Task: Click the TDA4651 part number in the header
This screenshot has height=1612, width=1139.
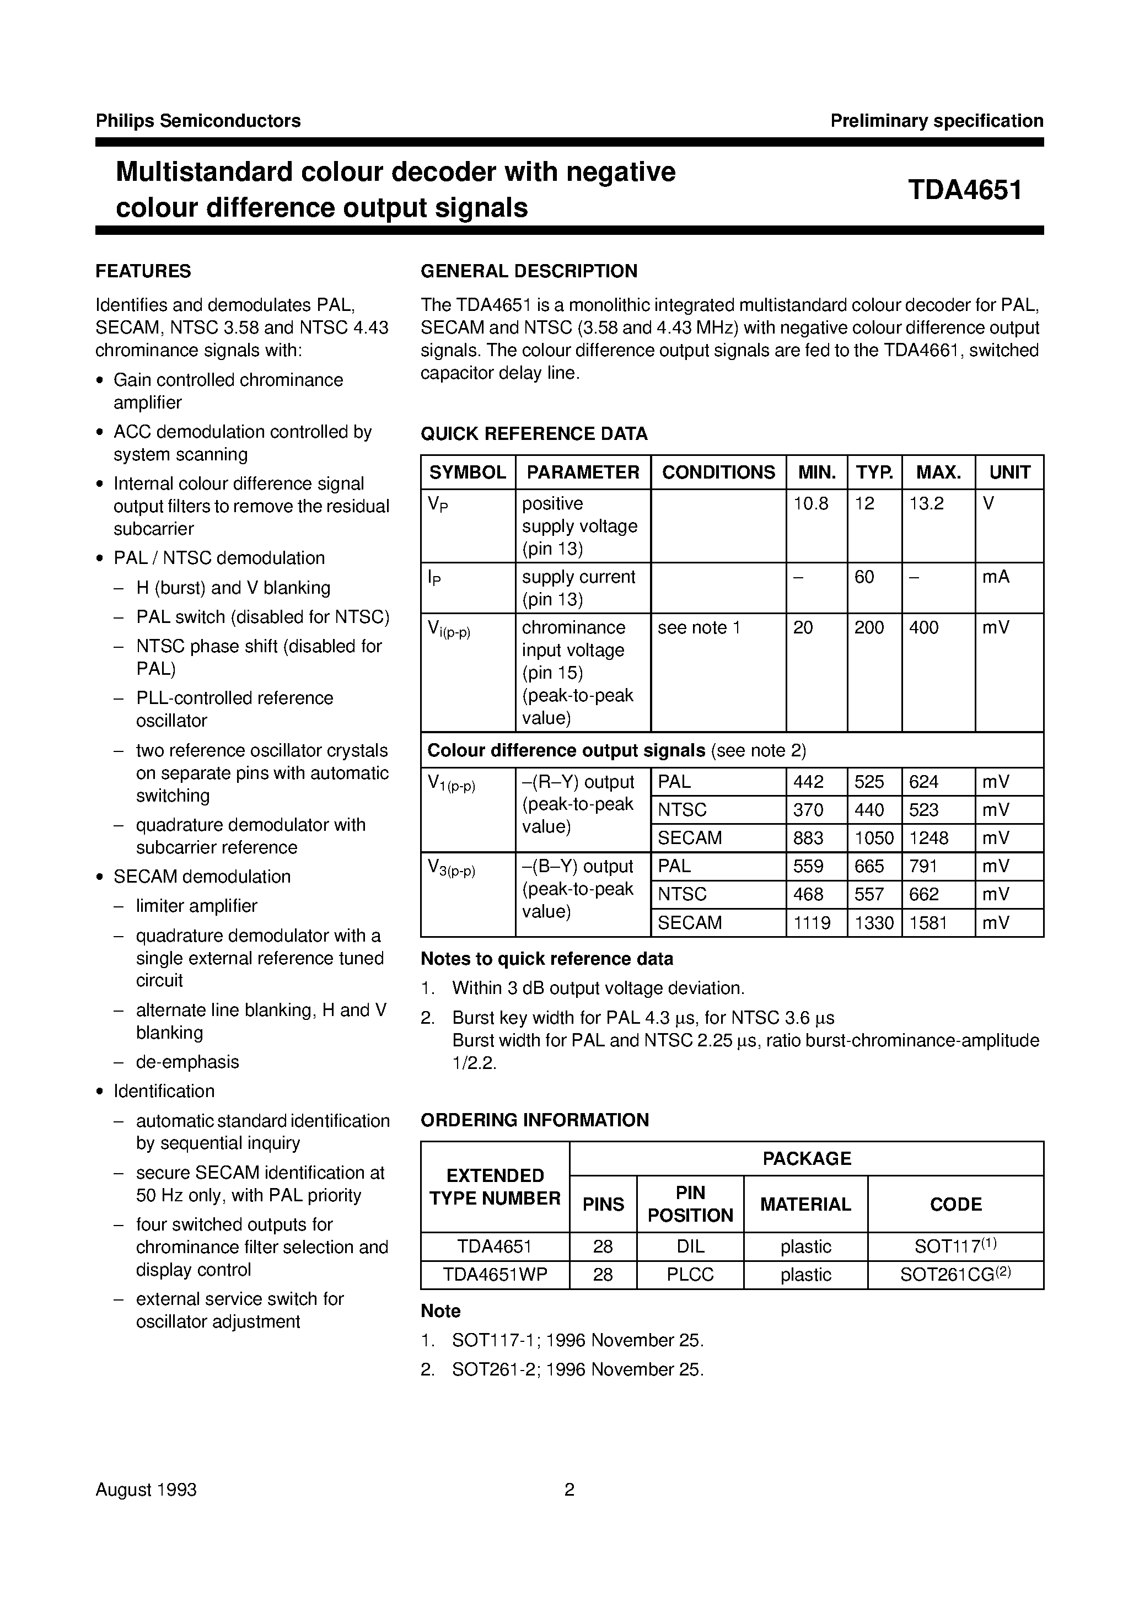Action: (x=965, y=190)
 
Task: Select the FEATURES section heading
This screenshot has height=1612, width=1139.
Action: (x=143, y=271)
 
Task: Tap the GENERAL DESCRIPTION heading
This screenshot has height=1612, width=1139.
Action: (x=529, y=271)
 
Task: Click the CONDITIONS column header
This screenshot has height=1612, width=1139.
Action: (x=718, y=472)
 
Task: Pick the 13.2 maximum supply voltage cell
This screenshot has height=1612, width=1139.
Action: (x=926, y=504)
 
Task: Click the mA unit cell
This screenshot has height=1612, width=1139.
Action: (x=996, y=577)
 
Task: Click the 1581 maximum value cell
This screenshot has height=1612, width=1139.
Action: (x=928, y=922)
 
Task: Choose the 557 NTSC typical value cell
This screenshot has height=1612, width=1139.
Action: (x=869, y=894)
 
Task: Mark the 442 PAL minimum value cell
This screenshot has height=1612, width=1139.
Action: (x=808, y=782)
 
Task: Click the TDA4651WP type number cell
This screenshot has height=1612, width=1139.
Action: (x=495, y=1275)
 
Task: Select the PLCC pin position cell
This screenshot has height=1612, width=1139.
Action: (x=690, y=1275)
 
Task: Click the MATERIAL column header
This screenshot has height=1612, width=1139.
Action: (x=805, y=1204)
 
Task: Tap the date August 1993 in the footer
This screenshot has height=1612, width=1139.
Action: (x=146, y=1490)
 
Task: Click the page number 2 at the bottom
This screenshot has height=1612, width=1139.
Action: (x=569, y=1490)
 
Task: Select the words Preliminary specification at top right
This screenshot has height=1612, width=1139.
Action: (x=936, y=121)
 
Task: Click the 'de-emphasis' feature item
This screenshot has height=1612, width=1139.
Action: (x=187, y=1062)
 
